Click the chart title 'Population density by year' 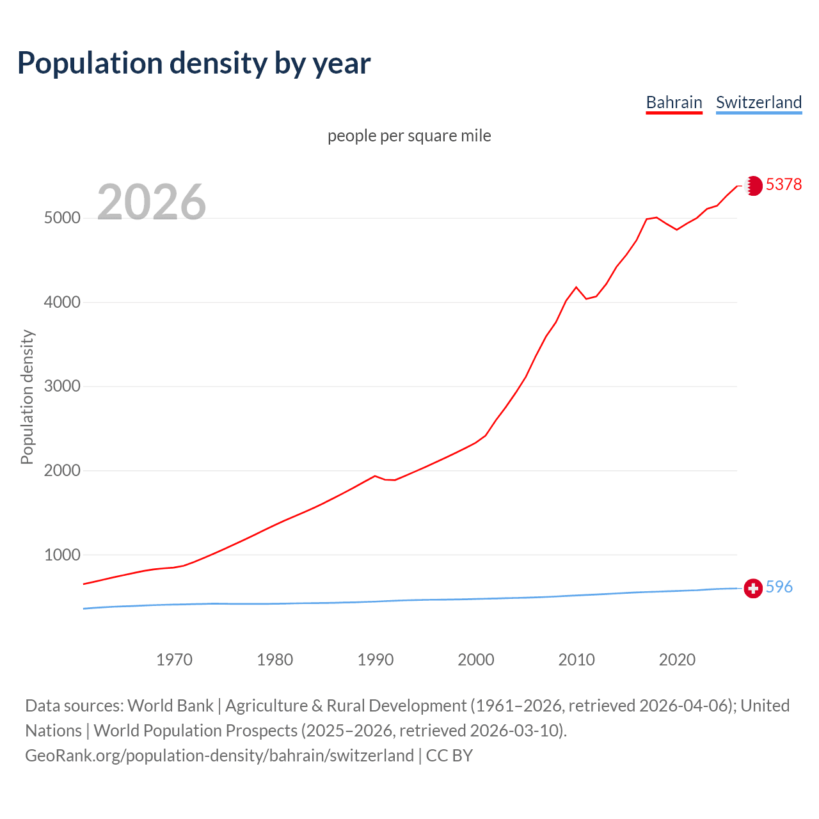pyautogui.click(x=194, y=63)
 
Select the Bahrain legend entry pyautogui.click(x=674, y=102)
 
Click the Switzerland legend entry pyautogui.click(x=758, y=102)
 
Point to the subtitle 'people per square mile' pyautogui.click(x=409, y=136)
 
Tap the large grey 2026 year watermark pyautogui.click(x=152, y=202)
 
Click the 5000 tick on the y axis pyautogui.click(x=62, y=218)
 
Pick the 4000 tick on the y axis pyautogui.click(x=62, y=302)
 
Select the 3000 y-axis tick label pyautogui.click(x=62, y=386)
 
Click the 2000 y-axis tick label pyautogui.click(x=62, y=470)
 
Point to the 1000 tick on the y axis pyautogui.click(x=62, y=555)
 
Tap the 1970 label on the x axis pyautogui.click(x=174, y=660)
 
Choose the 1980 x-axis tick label pyautogui.click(x=274, y=660)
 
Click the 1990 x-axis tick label pyautogui.click(x=376, y=660)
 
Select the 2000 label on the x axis pyautogui.click(x=476, y=660)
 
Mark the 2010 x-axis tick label pyautogui.click(x=576, y=660)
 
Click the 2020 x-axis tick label pyautogui.click(x=677, y=660)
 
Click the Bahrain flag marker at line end pyautogui.click(x=754, y=186)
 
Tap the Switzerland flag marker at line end pyautogui.click(x=753, y=588)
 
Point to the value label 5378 pyautogui.click(x=784, y=185)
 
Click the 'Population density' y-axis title pyautogui.click(x=27, y=397)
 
